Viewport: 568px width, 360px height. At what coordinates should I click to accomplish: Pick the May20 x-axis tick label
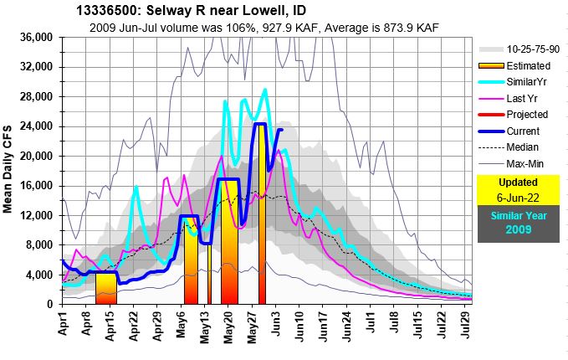pos(228,321)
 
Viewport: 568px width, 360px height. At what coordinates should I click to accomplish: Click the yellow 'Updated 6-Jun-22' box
pos(518,190)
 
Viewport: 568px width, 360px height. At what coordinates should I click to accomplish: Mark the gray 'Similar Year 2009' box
pos(518,224)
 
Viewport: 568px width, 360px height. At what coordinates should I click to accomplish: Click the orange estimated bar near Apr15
pos(106,288)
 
